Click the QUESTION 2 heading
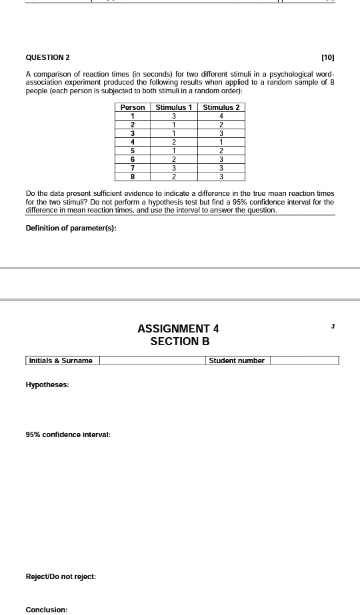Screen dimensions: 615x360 click(47, 58)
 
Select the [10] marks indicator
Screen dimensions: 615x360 click(327, 58)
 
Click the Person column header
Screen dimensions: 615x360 click(133, 107)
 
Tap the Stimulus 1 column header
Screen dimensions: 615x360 click(173, 107)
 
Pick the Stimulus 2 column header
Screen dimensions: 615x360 click(221, 107)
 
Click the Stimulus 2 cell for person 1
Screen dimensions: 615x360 click(221, 116)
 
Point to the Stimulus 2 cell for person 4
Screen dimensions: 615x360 click(221, 142)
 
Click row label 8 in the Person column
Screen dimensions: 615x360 click(133, 177)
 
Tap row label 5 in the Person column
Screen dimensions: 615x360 click(133, 151)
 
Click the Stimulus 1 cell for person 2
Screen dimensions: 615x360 click(173, 125)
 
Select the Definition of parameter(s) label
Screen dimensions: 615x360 click(71, 229)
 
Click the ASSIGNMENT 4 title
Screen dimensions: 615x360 click(178, 328)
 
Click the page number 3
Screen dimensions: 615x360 click(332, 326)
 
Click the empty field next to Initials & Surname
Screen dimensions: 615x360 click(152, 360)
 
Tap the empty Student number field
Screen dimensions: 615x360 click(304, 360)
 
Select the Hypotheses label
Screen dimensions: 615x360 click(47, 384)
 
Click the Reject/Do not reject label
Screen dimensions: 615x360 click(61, 576)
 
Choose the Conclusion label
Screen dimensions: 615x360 click(47, 609)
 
